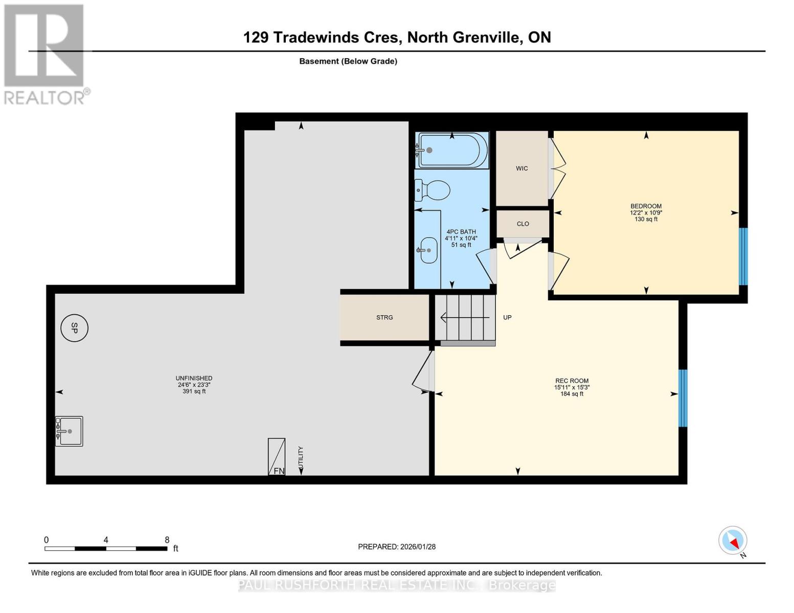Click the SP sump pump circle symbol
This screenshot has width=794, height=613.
click(74, 328)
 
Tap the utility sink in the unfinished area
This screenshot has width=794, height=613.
click(69, 431)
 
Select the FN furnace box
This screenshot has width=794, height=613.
click(277, 457)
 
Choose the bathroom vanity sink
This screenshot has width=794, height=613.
click(428, 250)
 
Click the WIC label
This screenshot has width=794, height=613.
click(521, 169)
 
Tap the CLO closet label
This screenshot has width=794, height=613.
click(523, 224)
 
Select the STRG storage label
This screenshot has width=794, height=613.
click(384, 317)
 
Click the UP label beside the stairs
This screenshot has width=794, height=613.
click(507, 317)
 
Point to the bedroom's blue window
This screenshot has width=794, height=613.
click(743, 256)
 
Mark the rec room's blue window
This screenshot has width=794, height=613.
click(682, 398)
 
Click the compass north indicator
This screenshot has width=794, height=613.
click(733, 541)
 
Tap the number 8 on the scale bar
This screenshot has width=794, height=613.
click(167, 539)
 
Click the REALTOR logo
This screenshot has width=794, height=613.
click(45, 54)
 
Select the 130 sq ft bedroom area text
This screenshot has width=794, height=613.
click(646, 219)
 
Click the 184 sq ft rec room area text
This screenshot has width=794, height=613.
click(572, 394)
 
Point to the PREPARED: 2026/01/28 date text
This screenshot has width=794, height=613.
click(397, 547)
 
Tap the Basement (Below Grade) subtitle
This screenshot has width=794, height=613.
click(348, 61)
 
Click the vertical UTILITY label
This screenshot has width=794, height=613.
click(301, 458)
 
